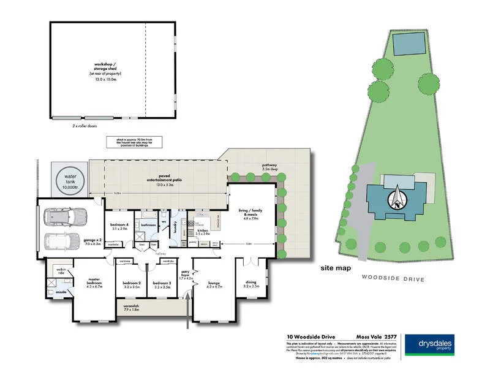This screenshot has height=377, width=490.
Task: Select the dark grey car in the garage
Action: click(64, 217)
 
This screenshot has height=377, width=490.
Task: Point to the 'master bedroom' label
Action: click(93, 283)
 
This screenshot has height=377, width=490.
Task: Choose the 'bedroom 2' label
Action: click(131, 284)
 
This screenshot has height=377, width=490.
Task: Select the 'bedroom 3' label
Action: click(162, 284)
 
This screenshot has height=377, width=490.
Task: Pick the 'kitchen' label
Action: click(202, 232)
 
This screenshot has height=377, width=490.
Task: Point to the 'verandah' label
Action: click(149, 307)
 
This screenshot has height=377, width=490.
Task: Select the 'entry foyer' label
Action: click(184, 276)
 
